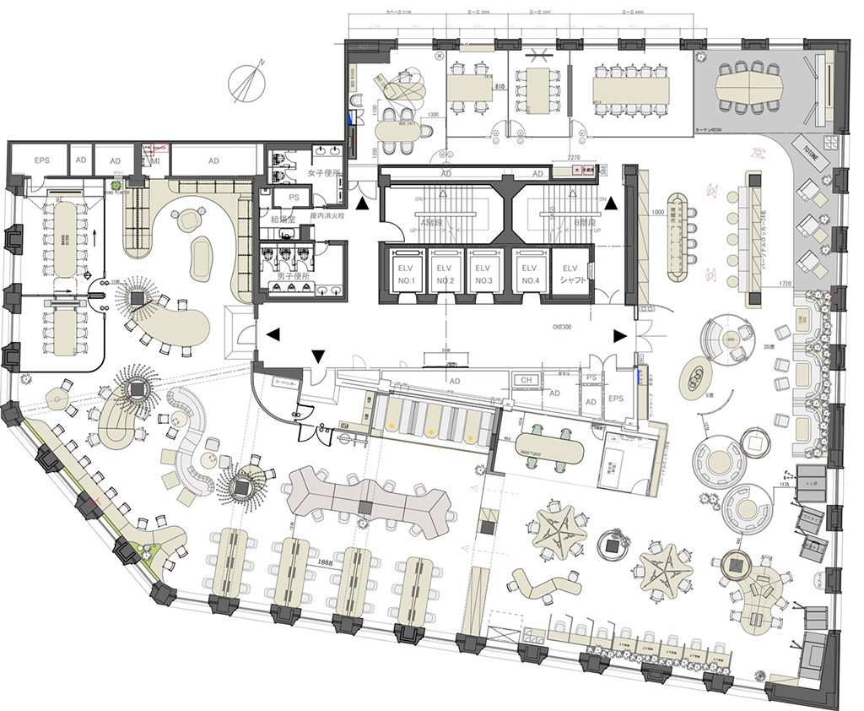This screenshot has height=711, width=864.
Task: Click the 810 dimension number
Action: tap(499, 87)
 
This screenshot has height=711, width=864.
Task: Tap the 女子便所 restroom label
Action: tap(323, 173)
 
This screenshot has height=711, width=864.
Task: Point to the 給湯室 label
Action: tap(273, 217)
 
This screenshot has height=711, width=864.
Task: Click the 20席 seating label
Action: tap(769, 346)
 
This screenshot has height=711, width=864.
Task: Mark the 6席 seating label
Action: tap(710, 395)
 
